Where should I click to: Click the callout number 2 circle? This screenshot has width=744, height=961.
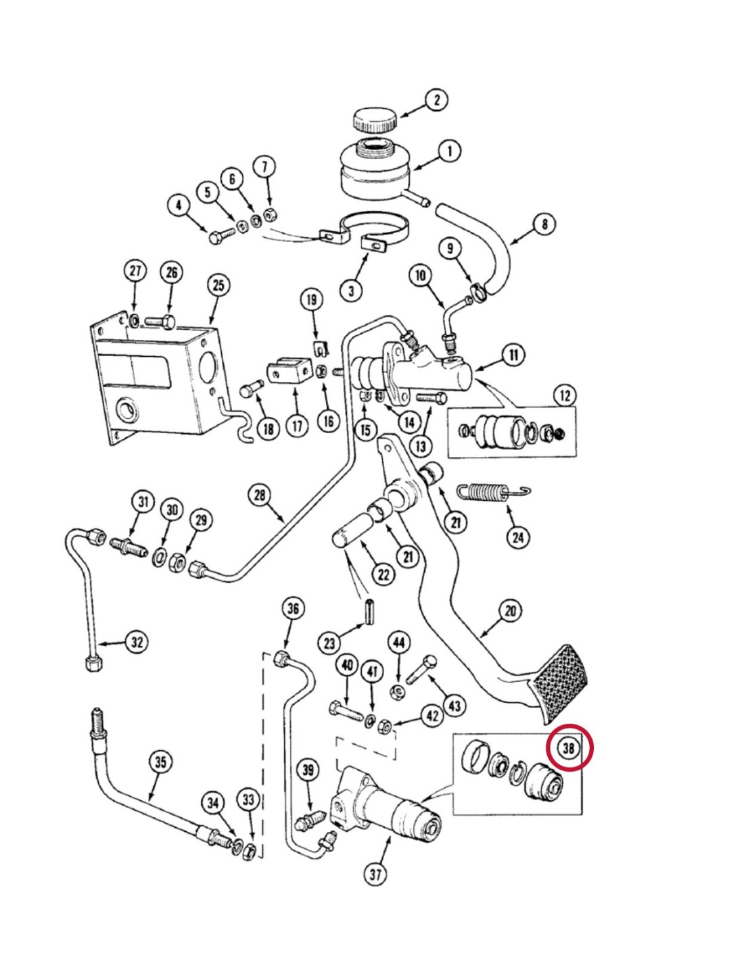pyautogui.click(x=436, y=100)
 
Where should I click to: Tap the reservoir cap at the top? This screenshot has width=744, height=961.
pyautogui.click(x=374, y=122)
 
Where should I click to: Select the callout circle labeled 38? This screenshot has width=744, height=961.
pyautogui.click(x=568, y=748)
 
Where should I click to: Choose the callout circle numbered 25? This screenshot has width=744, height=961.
pyautogui.click(x=218, y=285)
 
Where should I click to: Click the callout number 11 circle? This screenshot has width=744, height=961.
pyautogui.click(x=514, y=355)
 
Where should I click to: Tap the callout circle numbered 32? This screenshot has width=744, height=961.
pyautogui.click(x=137, y=641)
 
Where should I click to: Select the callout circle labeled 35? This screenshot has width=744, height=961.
pyautogui.click(x=160, y=762)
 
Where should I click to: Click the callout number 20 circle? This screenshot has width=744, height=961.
pyautogui.click(x=510, y=612)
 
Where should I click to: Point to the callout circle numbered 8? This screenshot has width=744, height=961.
pyautogui.click(x=544, y=224)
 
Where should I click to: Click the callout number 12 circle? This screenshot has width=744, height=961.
pyautogui.click(x=565, y=396)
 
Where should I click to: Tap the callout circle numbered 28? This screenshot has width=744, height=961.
pyautogui.click(x=260, y=495)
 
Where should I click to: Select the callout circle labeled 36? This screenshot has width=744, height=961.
pyautogui.click(x=292, y=608)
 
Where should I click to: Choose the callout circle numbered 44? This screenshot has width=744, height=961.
pyautogui.click(x=398, y=641)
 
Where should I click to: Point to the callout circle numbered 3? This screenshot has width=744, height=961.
pyautogui.click(x=351, y=291)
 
